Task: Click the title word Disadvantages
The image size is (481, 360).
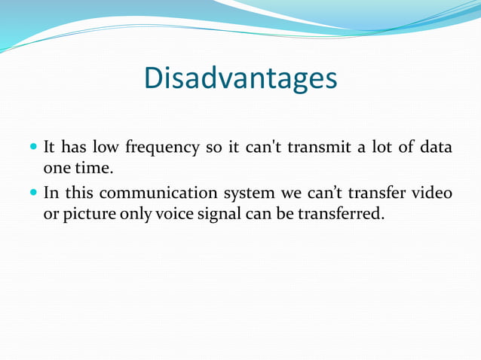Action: [240, 78]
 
